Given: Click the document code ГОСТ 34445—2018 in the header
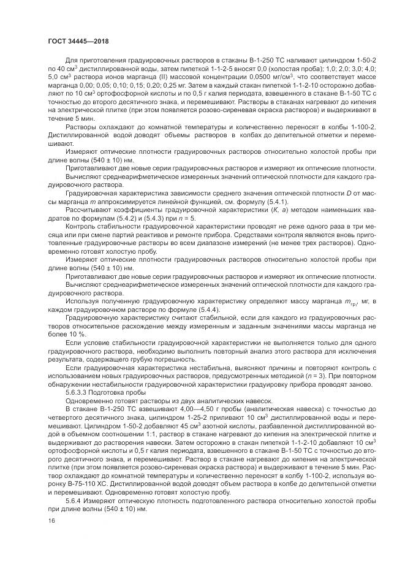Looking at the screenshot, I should [75, 41].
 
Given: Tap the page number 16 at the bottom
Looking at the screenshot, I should [51, 520].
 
